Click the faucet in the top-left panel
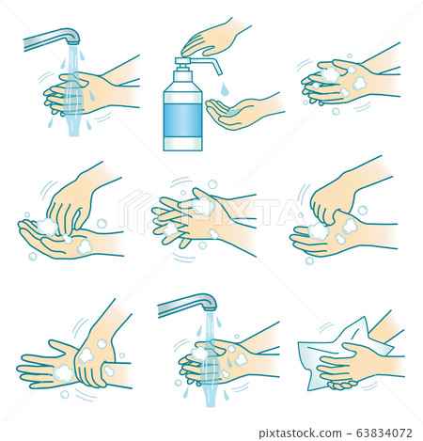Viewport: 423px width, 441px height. tap(52, 39)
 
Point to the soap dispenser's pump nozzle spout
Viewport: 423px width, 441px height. tap(214, 66)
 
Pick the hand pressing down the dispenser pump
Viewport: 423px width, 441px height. tap(211, 39)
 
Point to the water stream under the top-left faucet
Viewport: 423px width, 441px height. tap(72, 103)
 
